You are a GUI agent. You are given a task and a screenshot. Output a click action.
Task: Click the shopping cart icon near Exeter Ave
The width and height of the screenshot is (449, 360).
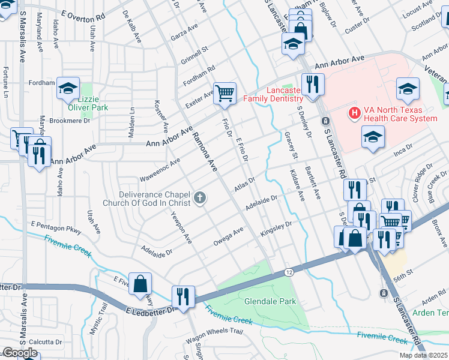pyautogui.click(x=224, y=93)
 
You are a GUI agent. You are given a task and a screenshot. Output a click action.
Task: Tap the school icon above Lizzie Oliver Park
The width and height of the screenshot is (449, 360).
pyautogui.click(x=68, y=88)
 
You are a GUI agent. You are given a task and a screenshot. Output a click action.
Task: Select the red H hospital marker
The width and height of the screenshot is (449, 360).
pyautogui.click(x=354, y=112)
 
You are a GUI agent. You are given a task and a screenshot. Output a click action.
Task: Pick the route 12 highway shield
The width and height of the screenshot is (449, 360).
pyautogui.click(x=289, y=272)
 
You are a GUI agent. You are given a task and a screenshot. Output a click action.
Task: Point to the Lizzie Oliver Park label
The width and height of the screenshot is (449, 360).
pyautogui.click(x=87, y=103)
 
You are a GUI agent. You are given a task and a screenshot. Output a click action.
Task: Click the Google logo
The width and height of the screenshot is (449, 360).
pyautogui.click(x=19, y=353)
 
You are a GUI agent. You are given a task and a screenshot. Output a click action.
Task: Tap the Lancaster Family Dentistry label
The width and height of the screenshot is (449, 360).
pyautogui.click(x=272, y=94)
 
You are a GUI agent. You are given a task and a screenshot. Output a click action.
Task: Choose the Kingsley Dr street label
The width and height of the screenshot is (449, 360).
pyautogui.click(x=275, y=228)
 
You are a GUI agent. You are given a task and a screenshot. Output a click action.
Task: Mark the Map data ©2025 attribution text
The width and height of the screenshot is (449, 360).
pyautogui.click(x=423, y=355)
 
